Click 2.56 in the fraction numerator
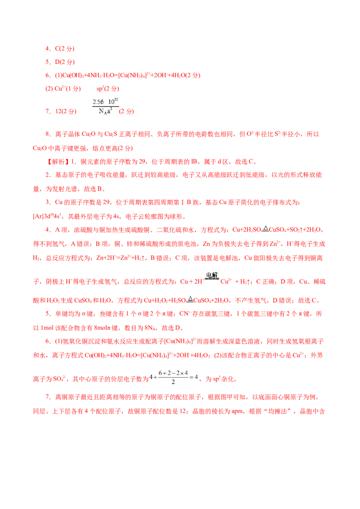click(x=98, y=101)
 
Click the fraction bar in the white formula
click(x=106, y=106)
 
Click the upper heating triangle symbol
click(x=265, y=228)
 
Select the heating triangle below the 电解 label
click(x=190, y=299)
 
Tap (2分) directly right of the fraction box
click(x=126, y=111)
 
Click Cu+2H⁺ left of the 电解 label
click(x=189, y=282)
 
